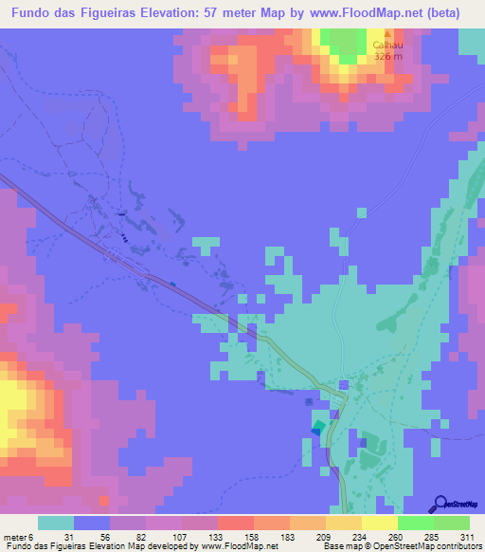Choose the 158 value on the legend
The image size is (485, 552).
(x=236, y=537)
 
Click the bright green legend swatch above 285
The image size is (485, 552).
(x=416, y=523)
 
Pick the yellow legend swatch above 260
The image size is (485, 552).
(x=380, y=523)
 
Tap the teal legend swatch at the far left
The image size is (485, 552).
(x=55, y=523)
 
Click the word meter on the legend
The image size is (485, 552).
(x=14, y=537)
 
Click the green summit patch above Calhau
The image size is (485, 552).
(x=344, y=44)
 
